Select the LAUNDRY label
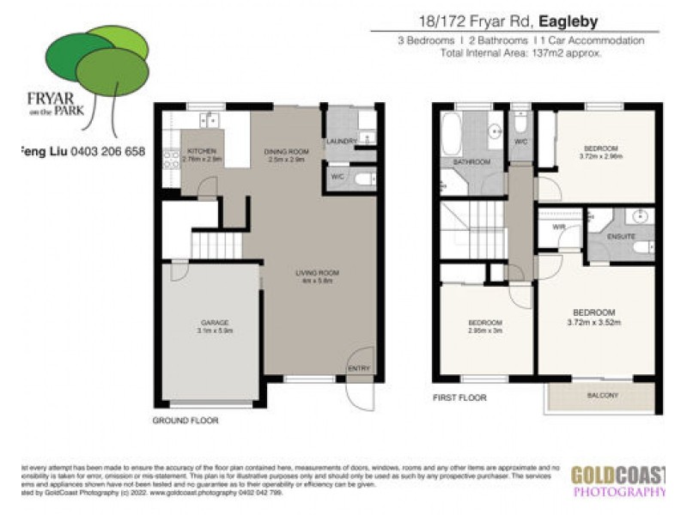point(341,142)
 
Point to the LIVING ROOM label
point(313,273)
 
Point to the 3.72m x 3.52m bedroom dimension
point(594,323)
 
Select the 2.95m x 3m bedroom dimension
point(485,330)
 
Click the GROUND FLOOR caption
point(185,421)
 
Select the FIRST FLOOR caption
point(460,397)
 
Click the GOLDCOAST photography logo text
point(618,475)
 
